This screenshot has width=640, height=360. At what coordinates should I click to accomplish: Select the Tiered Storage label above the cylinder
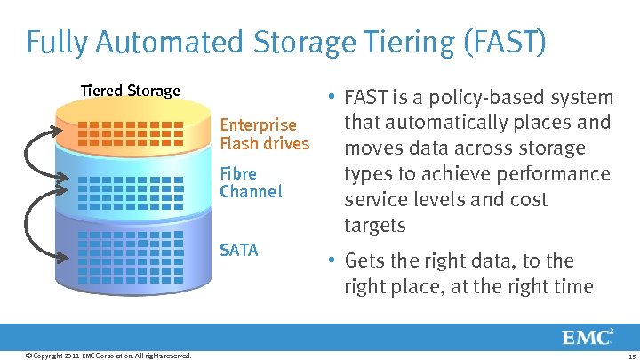[x=131, y=91]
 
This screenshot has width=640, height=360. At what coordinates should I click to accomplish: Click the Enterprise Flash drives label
[x=264, y=133]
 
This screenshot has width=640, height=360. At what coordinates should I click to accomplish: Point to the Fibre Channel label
[x=250, y=182]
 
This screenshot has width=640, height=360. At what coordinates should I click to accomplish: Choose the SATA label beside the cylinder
[x=238, y=250]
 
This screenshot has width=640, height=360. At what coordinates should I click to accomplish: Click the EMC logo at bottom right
[x=587, y=337]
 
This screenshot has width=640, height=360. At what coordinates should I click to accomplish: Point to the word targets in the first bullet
[x=374, y=225]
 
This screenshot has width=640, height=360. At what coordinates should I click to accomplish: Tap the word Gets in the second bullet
[x=364, y=260]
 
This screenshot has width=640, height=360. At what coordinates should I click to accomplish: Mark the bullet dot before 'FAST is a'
[x=330, y=96]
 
